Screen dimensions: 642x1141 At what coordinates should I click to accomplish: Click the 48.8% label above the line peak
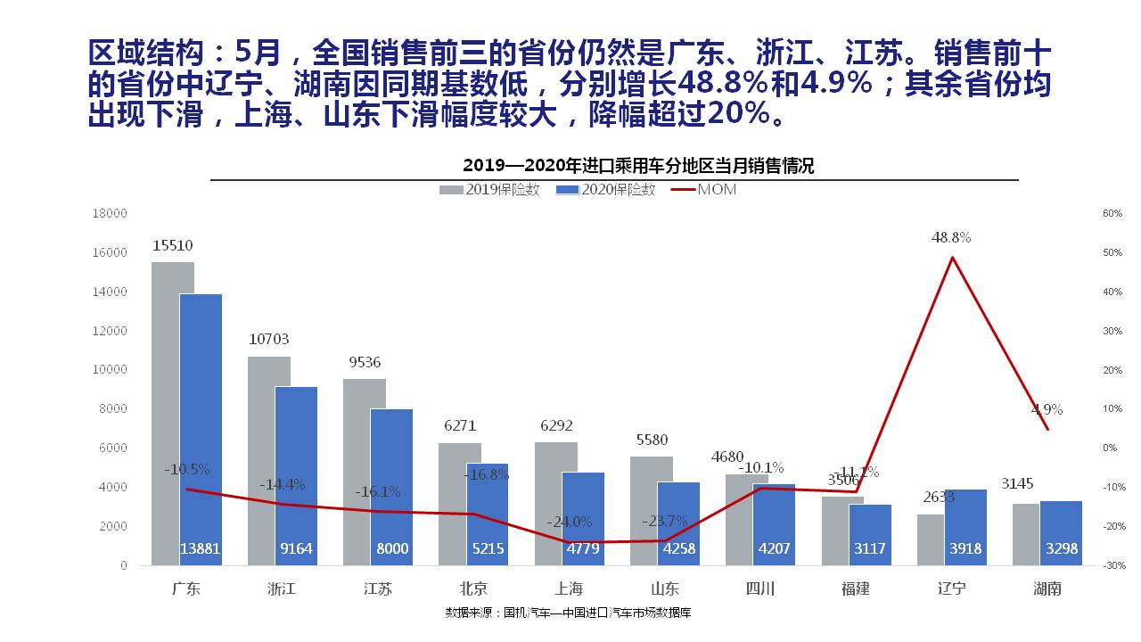pyautogui.click(x=951, y=238)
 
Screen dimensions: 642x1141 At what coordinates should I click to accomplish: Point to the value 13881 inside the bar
pyautogui.click(x=201, y=549)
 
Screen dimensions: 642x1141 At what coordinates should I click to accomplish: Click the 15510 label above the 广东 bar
pyautogui.click(x=172, y=245)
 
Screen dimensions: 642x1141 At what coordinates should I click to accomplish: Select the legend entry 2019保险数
pyautogui.click(x=489, y=190)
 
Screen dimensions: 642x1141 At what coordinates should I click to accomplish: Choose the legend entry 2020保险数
pyautogui.click(x=605, y=190)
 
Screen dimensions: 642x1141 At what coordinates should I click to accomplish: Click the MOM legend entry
pyautogui.click(x=704, y=190)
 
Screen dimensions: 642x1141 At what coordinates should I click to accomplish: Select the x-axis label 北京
pyautogui.click(x=473, y=588)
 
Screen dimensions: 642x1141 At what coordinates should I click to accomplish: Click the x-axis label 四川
pyautogui.click(x=759, y=588)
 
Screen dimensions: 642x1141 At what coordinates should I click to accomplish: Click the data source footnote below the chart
pyautogui.click(x=569, y=613)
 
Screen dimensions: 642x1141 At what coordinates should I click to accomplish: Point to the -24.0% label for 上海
pyautogui.click(x=570, y=522)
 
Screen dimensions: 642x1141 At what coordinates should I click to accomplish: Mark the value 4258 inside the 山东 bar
pyautogui.click(x=678, y=549)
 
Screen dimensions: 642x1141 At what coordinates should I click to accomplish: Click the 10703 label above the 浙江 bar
pyautogui.click(x=268, y=340)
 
